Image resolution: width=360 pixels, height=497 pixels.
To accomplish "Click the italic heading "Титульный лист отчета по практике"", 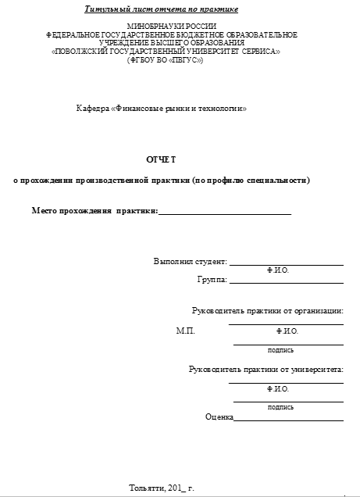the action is point(161,9).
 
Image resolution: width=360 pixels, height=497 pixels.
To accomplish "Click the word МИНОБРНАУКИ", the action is point(148,27).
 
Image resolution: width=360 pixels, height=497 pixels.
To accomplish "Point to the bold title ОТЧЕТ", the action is point(157,159).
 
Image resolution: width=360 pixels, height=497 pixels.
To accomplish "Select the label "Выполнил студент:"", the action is point(190,262).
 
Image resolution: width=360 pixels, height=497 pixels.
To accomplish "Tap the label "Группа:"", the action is point(212,278).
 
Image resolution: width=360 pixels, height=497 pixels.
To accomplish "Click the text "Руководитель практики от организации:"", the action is point(267,311).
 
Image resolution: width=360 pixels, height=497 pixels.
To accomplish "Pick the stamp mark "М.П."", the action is point(185,331).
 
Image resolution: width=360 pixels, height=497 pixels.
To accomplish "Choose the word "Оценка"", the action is point(219,417).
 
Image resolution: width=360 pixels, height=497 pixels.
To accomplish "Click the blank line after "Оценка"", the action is point(288,420).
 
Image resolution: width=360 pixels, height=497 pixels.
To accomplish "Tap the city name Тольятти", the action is point(146,488).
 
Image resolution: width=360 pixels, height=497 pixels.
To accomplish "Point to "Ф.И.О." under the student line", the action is point(278,270).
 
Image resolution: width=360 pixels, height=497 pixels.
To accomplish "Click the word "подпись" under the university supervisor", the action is point(280,406).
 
